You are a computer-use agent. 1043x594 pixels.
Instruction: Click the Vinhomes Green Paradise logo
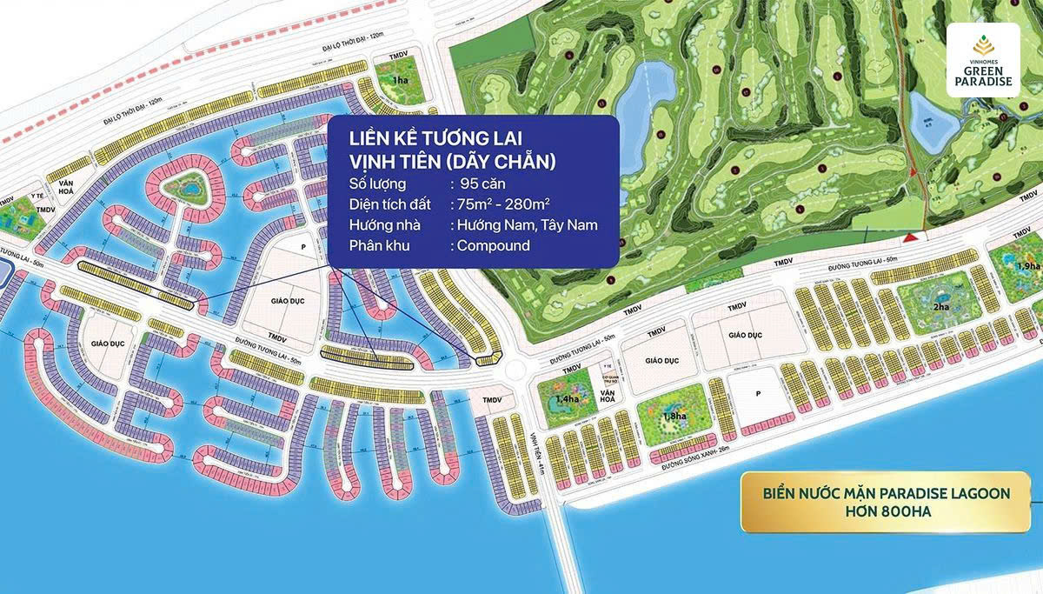[x=983, y=60]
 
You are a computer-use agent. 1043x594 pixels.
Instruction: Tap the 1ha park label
[x=400, y=80]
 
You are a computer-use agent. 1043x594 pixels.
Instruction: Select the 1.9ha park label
[x=1027, y=265]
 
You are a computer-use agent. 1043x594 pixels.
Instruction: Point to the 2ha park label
[x=941, y=307]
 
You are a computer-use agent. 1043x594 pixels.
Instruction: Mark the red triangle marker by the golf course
[x=910, y=237]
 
